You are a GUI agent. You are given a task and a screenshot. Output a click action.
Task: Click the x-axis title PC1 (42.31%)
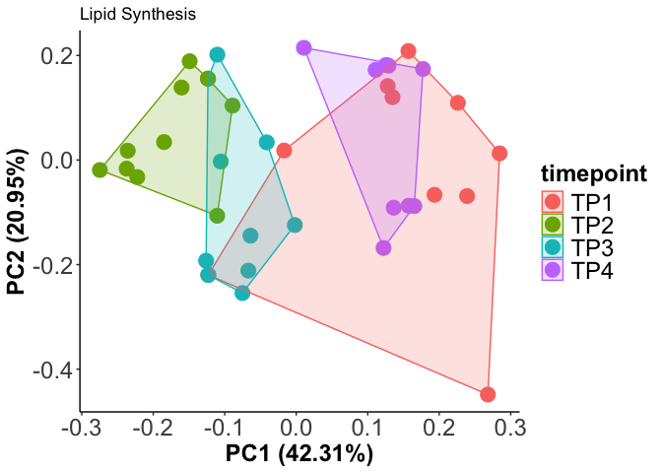(299, 454)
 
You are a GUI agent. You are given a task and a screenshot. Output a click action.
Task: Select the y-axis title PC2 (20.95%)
(18, 223)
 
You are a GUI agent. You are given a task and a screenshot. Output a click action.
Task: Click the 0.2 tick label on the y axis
(55, 55)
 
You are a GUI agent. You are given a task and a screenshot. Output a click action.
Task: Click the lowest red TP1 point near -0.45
(488, 394)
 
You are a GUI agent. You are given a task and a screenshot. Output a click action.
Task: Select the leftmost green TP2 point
(99, 170)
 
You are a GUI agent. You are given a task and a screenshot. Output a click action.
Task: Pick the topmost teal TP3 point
(218, 55)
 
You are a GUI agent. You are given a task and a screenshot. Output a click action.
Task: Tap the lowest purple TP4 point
(383, 247)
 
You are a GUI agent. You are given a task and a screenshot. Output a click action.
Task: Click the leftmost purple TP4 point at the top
(303, 48)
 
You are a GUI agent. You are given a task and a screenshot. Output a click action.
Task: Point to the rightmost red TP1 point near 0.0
(499, 154)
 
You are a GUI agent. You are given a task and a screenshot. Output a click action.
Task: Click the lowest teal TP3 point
(242, 293)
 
